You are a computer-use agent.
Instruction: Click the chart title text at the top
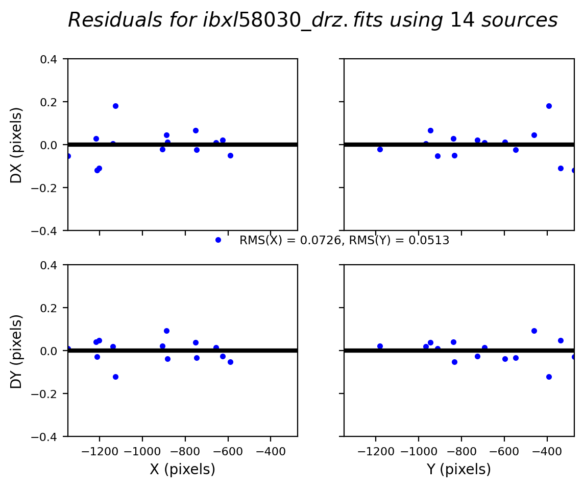[312, 20]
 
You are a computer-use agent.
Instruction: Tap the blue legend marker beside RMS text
[218, 240]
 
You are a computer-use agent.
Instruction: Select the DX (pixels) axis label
[17, 145]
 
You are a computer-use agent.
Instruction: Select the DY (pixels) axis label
[17, 351]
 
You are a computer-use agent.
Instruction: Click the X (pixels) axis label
[182, 469]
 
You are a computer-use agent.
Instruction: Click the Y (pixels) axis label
[458, 469]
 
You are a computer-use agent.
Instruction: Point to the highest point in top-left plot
[115, 106]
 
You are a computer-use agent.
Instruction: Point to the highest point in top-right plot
[549, 106]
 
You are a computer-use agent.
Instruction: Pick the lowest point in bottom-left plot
[115, 377]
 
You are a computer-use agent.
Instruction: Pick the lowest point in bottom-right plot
[549, 377]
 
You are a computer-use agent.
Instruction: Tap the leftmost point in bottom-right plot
[380, 346]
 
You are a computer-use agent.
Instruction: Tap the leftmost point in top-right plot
[380, 149]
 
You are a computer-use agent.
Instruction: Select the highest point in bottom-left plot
[166, 331]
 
